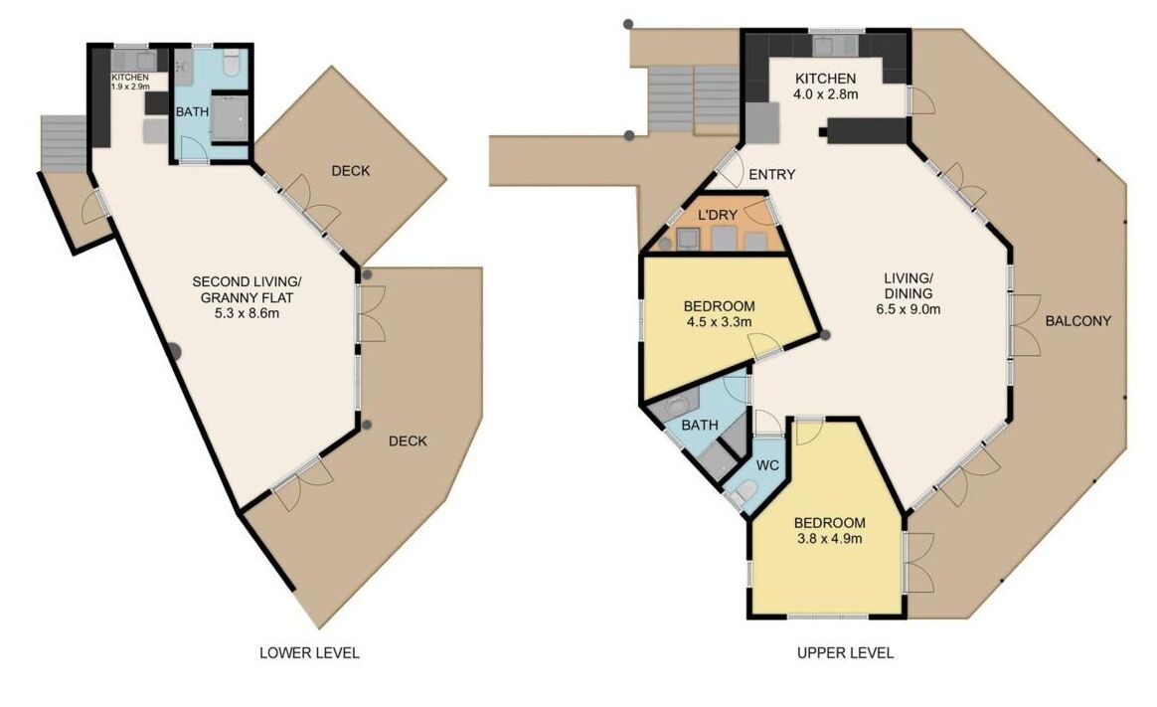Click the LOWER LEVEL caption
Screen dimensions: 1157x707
coord(309,652)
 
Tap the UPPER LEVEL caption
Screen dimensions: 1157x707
coord(845,652)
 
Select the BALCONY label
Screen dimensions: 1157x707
coord(1078,321)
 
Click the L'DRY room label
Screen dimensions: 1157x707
coord(718,215)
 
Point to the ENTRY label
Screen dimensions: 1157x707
coord(771,174)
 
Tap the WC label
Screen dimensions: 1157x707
coord(768,465)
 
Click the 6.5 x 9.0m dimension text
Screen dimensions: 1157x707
coord(909,309)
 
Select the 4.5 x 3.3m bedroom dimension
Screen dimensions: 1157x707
coord(720,322)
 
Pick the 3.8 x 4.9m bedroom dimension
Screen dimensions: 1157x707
coord(829,539)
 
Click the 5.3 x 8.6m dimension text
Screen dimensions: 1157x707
coord(247,313)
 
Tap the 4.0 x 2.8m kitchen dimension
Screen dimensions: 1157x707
coord(826,93)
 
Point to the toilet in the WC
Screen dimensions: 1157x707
coord(745,492)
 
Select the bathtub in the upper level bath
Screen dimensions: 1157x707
coord(682,407)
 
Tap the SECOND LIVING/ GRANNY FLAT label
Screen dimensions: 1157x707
coord(248,289)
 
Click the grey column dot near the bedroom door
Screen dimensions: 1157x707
coord(826,335)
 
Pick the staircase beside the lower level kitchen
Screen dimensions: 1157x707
coord(65,144)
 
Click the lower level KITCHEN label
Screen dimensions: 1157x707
coord(130,78)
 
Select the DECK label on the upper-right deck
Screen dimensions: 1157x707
coord(351,170)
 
